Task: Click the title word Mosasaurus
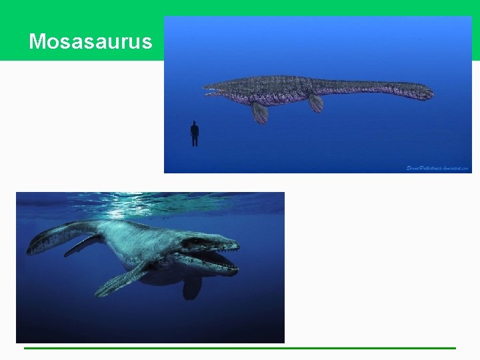(x=91, y=42)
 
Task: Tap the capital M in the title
(x=37, y=42)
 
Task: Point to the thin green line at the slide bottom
(x=240, y=348)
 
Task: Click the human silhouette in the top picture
(x=195, y=133)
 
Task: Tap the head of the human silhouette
(x=195, y=123)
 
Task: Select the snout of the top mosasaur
(x=207, y=88)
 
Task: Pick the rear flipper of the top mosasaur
(x=316, y=103)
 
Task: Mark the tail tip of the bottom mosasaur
(x=29, y=250)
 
